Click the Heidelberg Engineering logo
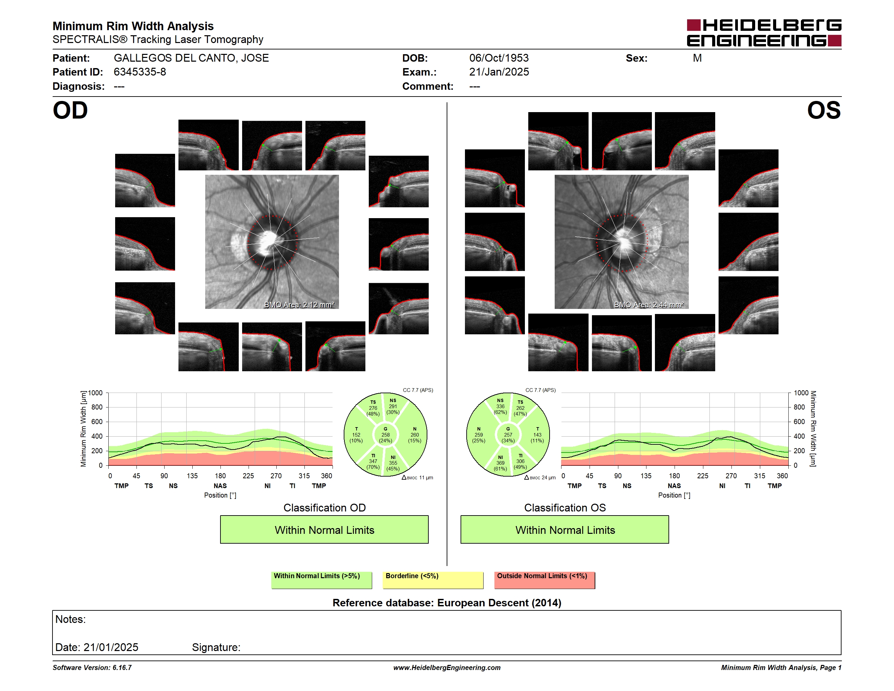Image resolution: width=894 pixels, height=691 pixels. pyautogui.click(x=764, y=33)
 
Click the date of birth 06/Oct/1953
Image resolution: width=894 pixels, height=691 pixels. pyautogui.click(x=498, y=58)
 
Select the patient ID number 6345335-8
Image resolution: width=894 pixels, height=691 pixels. pyautogui.click(x=140, y=72)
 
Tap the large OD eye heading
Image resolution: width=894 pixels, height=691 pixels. pyautogui.click(x=70, y=110)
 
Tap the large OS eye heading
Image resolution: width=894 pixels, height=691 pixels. pyautogui.click(x=824, y=110)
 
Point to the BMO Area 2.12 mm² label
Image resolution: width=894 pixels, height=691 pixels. pyautogui.click(x=299, y=305)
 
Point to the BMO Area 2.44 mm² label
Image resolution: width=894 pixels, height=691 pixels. pyautogui.click(x=649, y=305)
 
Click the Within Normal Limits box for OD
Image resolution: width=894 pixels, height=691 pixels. pyautogui.click(x=324, y=529)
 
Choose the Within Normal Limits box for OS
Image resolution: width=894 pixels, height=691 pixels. pyautogui.click(x=565, y=529)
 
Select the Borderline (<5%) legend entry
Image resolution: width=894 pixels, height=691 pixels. pyautogui.click(x=433, y=580)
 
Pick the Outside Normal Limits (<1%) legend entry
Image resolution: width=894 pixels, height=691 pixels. pyautogui.click(x=545, y=580)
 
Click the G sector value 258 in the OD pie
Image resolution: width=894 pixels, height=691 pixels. pyautogui.click(x=386, y=435)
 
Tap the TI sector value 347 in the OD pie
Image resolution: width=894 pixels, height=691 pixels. pyautogui.click(x=373, y=461)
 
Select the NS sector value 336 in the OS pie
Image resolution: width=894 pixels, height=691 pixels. pyautogui.click(x=500, y=406)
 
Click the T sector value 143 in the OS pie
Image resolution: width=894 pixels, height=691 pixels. pyautogui.click(x=537, y=435)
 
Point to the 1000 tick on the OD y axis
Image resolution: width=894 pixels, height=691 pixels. pyautogui.click(x=95, y=393)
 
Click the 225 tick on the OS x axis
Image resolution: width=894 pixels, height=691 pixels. pyautogui.click(x=702, y=476)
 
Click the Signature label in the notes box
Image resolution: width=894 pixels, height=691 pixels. pyautogui.click(x=216, y=647)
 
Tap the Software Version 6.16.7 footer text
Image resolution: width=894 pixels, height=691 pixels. pyautogui.click(x=92, y=668)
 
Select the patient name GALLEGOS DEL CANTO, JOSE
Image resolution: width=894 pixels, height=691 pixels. pyautogui.click(x=191, y=58)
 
